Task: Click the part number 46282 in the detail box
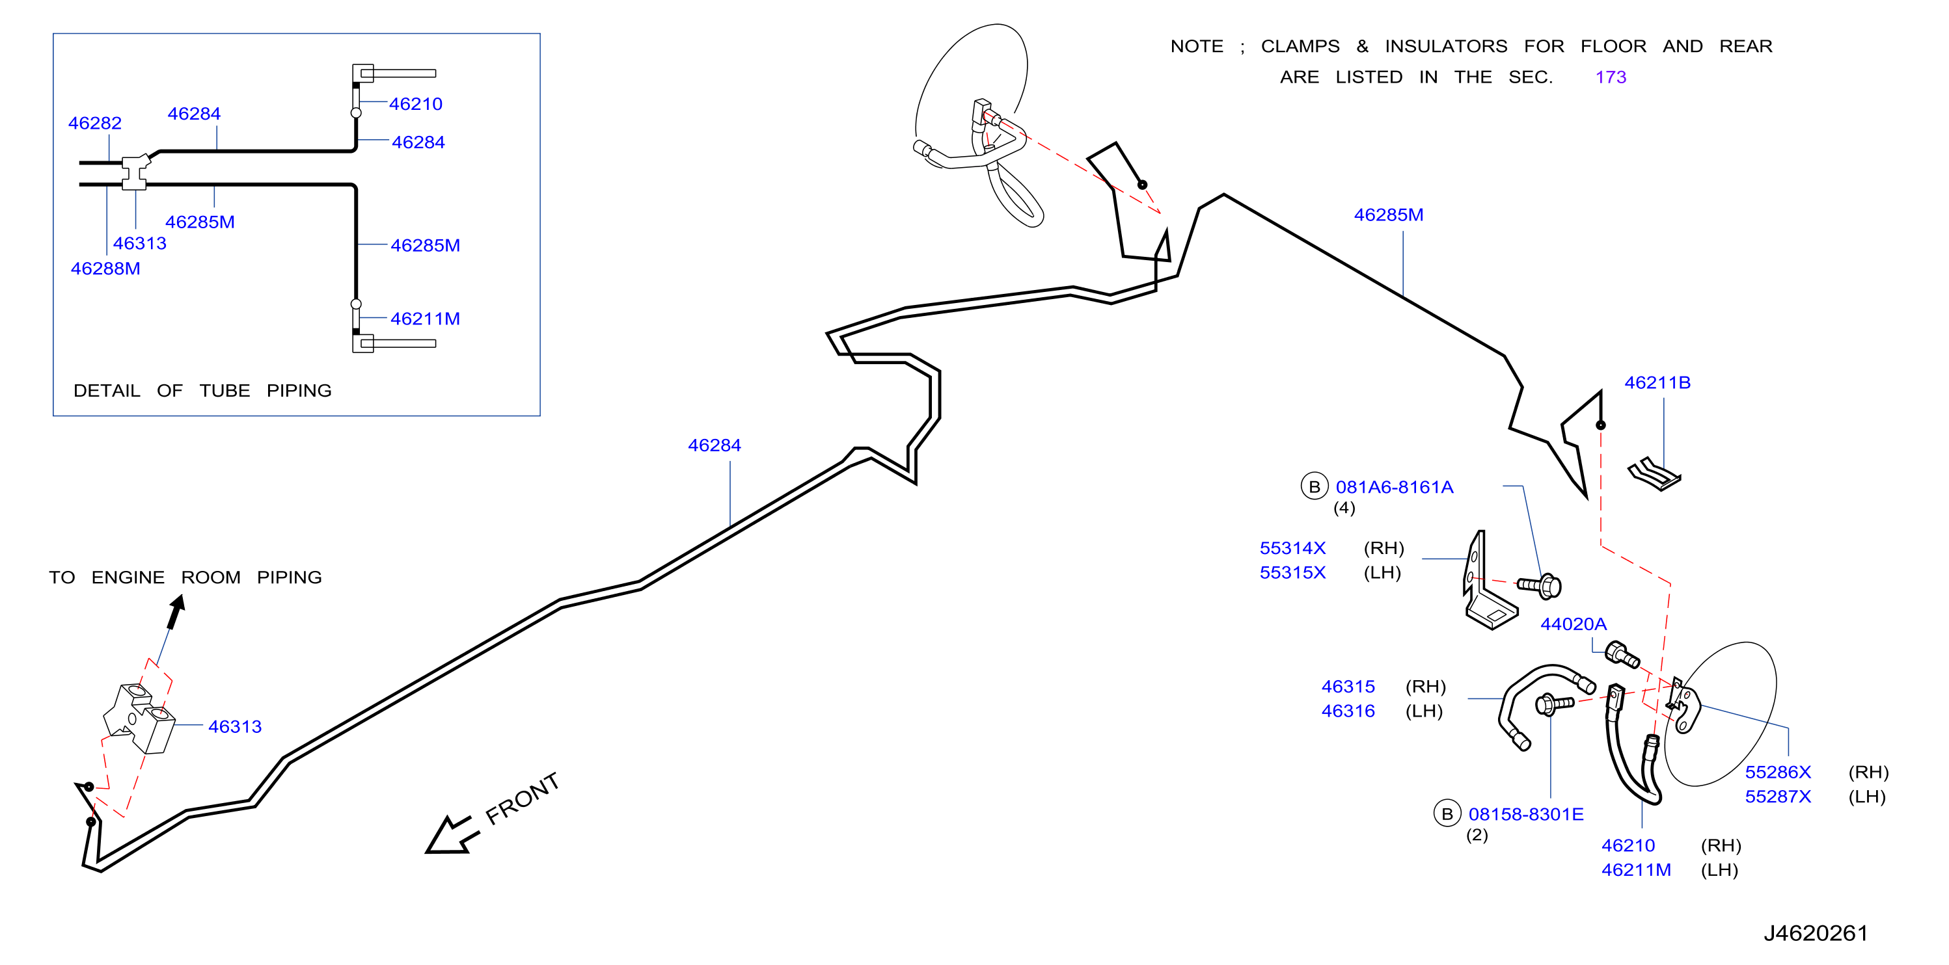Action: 94,124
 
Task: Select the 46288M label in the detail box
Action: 105,269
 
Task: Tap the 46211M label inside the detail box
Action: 425,319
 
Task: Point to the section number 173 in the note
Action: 1610,77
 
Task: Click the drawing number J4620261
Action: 1815,933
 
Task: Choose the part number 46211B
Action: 1657,382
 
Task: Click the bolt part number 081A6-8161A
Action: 1395,487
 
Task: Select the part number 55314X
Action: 1292,548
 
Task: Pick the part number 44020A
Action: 1573,624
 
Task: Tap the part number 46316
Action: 1348,711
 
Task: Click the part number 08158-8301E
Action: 1525,815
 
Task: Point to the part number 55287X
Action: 1777,797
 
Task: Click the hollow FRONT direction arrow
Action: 452,835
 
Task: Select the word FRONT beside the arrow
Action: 522,798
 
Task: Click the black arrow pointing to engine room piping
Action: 176,612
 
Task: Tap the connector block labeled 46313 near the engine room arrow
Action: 139,719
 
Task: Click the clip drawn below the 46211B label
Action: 1654,474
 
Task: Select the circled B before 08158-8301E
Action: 1447,813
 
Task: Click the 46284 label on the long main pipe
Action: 715,445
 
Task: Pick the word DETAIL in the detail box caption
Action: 107,391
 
